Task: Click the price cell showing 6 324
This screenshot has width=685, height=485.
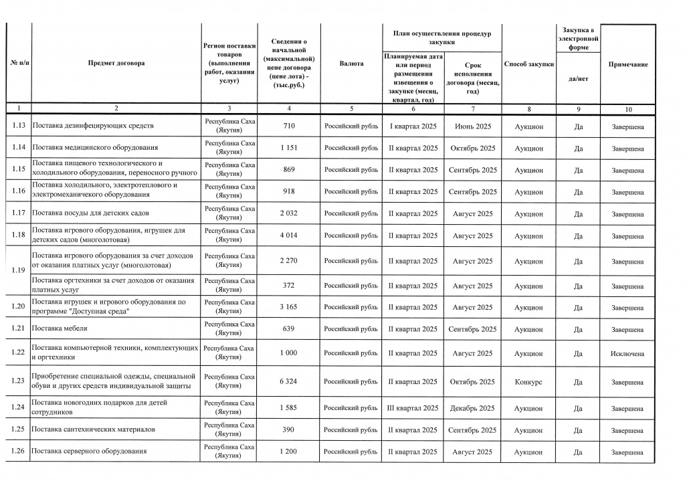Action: [x=288, y=381]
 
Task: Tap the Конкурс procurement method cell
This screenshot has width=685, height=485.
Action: [x=528, y=381]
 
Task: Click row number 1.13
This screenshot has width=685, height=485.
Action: [x=19, y=126]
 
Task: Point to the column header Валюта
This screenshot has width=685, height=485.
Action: [x=351, y=64]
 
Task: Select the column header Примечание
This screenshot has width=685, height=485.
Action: [x=627, y=64]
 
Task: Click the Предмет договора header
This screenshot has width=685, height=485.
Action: [x=116, y=64]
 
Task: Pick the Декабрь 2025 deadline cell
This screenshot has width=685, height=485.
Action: [x=472, y=408]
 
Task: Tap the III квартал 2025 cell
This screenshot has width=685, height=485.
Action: [x=413, y=408]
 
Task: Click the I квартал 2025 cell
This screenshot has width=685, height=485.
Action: [x=413, y=126]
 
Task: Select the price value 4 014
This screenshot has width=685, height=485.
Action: [x=288, y=235]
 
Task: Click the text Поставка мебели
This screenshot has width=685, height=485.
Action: [x=60, y=328]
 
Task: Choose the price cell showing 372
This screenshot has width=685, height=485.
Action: [x=288, y=286]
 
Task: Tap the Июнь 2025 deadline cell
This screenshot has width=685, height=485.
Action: [x=472, y=126]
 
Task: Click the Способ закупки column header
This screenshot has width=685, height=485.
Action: [x=528, y=64]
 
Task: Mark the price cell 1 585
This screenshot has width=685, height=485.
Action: [x=288, y=408]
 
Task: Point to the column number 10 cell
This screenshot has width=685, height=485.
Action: [x=627, y=108]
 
